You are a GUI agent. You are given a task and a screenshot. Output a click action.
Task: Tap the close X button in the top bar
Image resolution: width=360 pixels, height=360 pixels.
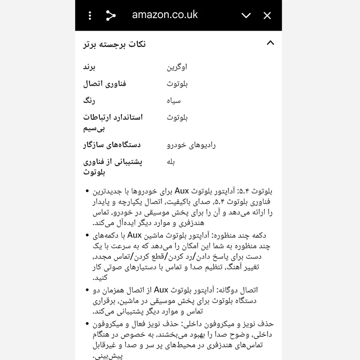point(267,16)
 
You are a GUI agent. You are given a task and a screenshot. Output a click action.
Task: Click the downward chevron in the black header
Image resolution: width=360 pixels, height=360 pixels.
point(246,16)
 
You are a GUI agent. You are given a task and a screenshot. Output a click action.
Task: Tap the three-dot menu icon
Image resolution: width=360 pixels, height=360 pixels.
point(90,16)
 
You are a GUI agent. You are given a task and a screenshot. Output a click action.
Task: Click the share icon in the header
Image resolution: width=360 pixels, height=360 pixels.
point(111,16)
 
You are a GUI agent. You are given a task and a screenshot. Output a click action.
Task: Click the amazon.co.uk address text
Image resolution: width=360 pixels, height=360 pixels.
point(165,15)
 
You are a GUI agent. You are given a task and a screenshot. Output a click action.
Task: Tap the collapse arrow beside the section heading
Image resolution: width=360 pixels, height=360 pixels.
point(270,43)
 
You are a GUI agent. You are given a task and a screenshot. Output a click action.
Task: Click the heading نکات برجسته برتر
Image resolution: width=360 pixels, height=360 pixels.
point(115,44)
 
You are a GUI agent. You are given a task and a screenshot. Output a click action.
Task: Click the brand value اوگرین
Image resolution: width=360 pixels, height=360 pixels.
point(177,67)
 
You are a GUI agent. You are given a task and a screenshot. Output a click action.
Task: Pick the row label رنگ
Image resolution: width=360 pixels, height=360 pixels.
point(89,100)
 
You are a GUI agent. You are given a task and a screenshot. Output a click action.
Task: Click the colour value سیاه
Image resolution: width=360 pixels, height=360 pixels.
point(174,101)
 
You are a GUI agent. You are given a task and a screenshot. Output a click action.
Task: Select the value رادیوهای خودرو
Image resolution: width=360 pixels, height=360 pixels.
point(191,145)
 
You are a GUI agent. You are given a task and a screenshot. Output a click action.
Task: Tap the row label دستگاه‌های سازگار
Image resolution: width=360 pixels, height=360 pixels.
point(112,145)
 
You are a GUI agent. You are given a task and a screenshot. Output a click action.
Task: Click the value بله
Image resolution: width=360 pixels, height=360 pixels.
point(171,162)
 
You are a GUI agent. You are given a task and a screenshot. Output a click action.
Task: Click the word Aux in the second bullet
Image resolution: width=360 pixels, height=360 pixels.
point(135,234)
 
